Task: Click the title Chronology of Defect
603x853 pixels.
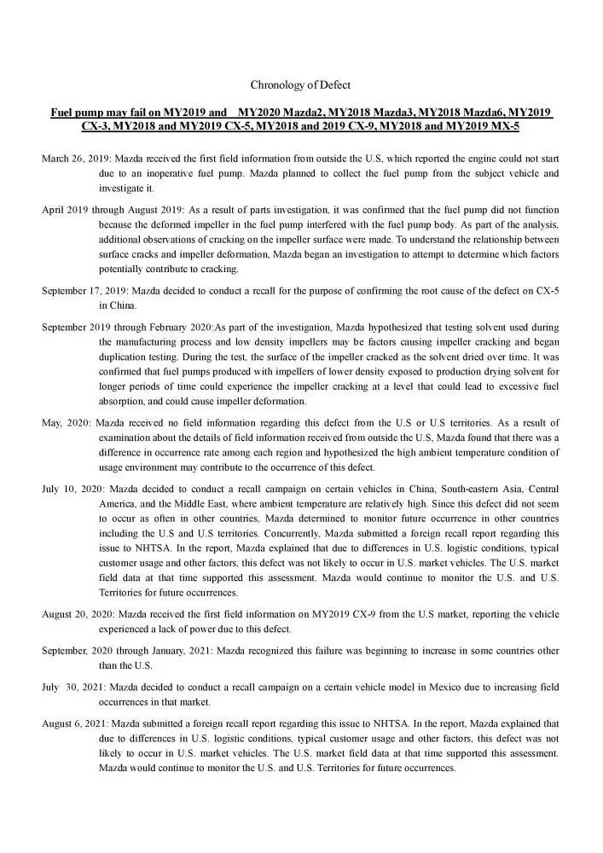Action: click(300, 84)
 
